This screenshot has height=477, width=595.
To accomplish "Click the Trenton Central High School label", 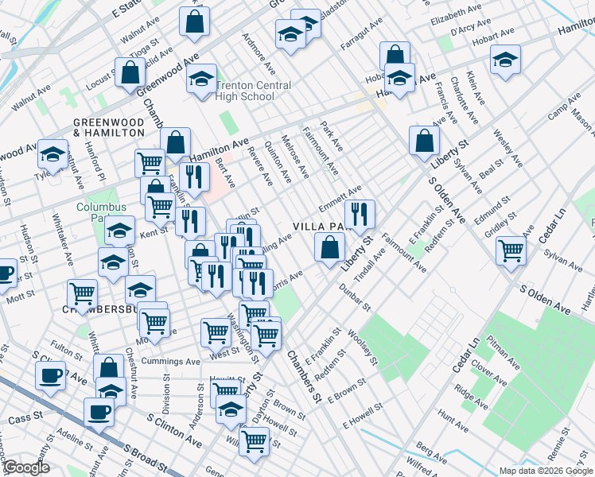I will (x=245, y=91).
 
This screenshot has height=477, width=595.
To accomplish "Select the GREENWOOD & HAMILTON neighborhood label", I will (x=109, y=128).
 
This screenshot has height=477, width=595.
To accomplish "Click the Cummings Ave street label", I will (x=170, y=361).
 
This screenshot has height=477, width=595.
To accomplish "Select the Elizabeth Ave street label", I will (x=456, y=15).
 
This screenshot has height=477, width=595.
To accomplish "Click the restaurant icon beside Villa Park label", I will (x=360, y=212).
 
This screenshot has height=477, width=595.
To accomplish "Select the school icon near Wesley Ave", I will (x=505, y=60).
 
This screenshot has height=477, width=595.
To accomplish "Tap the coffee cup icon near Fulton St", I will (x=51, y=374).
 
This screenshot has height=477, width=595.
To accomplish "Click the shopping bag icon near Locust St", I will (x=130, y=72).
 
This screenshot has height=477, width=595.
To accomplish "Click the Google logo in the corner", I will (x=26, y=467).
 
